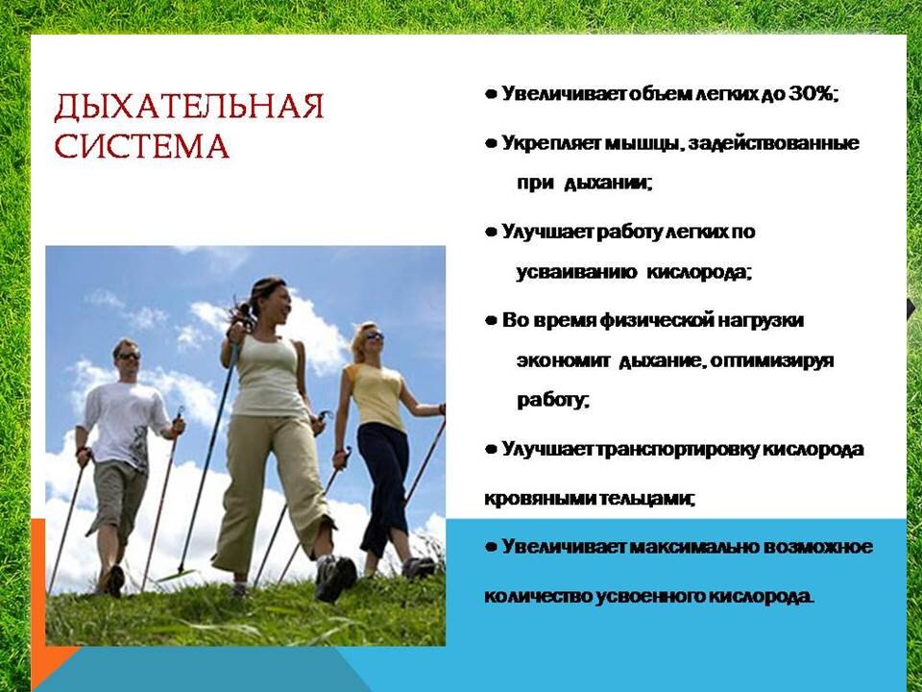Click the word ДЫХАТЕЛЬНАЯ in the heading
click(x=189, y=107)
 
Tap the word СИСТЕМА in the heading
click(x=141, y=145)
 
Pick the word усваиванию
click(x=577, y=272)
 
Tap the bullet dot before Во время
click(x=491, y=321)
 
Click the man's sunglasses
click(x=129, y=356)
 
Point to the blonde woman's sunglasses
click(x=374, y=336)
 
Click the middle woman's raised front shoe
click(x=336, y=578)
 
